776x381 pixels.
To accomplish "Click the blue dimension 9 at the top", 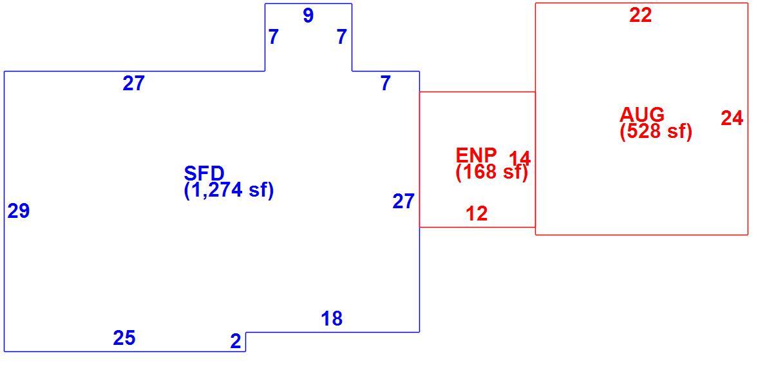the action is [308, 15].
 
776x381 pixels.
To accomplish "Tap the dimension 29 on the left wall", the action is [19, 211].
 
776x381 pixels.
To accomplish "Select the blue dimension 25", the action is [124, 338].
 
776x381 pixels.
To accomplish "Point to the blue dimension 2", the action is [236, 341].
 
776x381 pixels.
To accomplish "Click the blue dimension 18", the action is [332, 318].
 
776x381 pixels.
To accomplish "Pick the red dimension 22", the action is [641, 15].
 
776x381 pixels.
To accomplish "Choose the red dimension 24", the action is [732, 118].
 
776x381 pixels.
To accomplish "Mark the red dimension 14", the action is [520, 158].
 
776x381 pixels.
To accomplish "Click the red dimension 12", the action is [477, 213].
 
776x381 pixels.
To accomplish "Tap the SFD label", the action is [204, 173].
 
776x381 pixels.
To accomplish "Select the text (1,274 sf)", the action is [229, 190].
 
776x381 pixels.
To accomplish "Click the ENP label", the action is [476, 155].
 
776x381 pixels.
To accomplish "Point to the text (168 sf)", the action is [492, 171].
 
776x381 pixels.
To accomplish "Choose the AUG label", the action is [642, 114].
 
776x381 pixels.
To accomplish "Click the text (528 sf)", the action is [656, 132].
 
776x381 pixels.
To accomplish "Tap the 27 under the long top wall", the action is [133, 84].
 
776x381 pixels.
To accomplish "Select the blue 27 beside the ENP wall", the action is [403, 201].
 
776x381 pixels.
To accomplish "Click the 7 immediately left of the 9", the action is [273, 37].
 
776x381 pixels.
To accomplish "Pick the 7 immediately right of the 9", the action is [341, 37].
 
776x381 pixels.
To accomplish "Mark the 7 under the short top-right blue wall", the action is [386, 84].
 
